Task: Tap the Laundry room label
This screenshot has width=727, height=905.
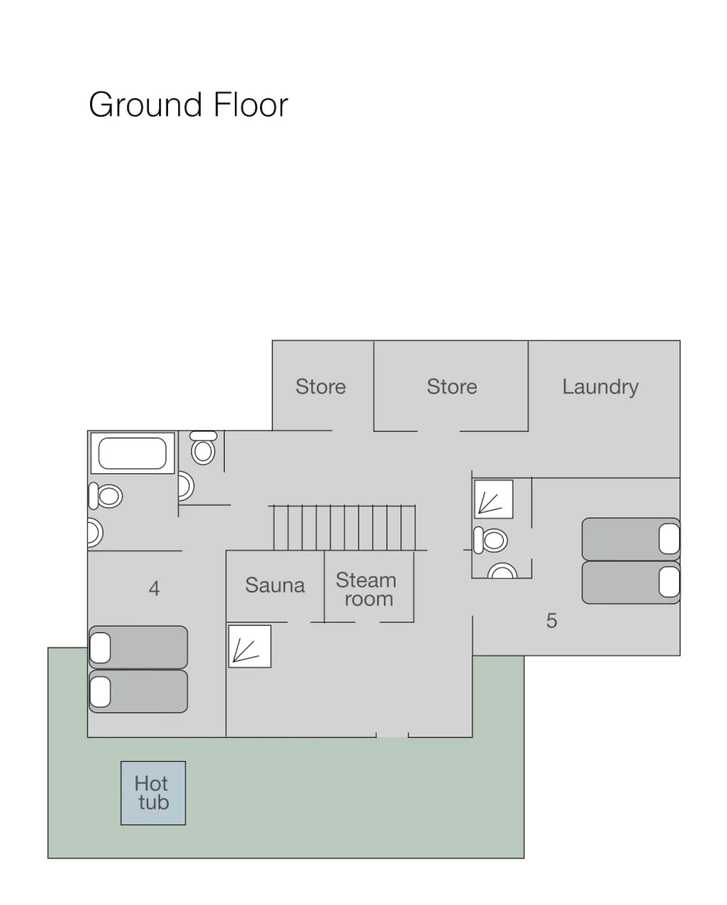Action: (600, 387)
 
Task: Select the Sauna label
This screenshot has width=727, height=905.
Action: (275, 585)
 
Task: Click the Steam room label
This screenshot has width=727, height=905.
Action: (366, 590)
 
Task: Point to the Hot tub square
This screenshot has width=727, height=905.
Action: (153, 793)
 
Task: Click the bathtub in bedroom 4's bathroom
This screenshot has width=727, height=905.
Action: (132, 453)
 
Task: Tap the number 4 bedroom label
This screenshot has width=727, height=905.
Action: (154, 588)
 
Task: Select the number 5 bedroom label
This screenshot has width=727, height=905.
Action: (552, 621)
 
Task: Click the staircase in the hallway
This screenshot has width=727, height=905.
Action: (344, 527)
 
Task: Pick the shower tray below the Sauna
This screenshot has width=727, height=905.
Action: (249, 646)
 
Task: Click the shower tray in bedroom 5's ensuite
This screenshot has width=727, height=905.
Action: (494, 499)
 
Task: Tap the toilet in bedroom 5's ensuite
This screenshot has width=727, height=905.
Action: (490, 540)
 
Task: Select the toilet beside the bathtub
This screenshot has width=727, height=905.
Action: (105, 496)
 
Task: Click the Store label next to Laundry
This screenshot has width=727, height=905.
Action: (452, 387)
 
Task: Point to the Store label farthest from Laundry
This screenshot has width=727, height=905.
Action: (321, 387)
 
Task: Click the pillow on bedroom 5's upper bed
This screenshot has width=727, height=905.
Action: (669, 539)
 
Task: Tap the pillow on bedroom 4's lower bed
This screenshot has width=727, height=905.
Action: (100, 692)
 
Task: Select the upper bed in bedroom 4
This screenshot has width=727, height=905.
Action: (138, 647)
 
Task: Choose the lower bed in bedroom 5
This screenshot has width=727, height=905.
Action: (630, 582)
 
